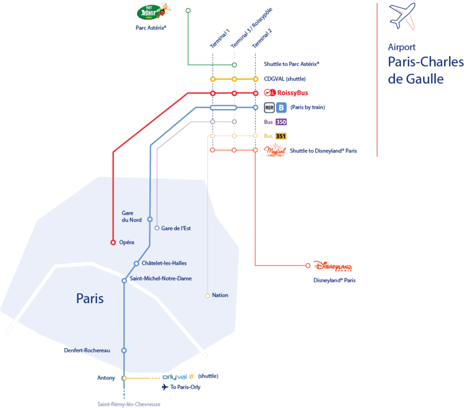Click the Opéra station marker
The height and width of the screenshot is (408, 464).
point(113,242)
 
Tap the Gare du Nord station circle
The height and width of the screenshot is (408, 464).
point(150,219)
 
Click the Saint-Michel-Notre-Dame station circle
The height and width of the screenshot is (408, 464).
point(124,280)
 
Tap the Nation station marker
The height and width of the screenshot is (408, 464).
point(208,296)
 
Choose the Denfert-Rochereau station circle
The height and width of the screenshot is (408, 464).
point(124,350)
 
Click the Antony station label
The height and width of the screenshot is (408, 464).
point(106,378)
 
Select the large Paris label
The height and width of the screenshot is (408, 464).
point(90,299)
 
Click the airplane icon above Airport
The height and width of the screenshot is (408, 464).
point(402,17)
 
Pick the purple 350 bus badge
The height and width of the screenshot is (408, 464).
point(281,122)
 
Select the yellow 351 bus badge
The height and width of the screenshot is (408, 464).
point(281,136)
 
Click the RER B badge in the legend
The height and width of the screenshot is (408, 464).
point(281,108)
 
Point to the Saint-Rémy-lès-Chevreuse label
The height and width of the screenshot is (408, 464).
point(129,404)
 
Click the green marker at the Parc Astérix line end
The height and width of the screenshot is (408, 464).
point(188,10)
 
